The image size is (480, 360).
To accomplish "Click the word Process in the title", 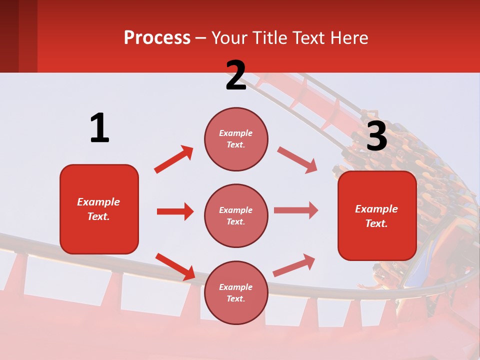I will [x=157, y=38].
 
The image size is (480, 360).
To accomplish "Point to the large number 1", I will [x=99, y=128].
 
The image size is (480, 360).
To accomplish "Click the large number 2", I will [x=236, y=75].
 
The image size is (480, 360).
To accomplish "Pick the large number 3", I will [x=376, y=136].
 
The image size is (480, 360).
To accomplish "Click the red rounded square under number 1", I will [x=99, y=209].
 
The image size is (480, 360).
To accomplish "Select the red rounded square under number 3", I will [x=377, y=215].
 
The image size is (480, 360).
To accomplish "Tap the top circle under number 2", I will [x=236, y=138].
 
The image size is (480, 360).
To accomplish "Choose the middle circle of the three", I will [x=236, y=215].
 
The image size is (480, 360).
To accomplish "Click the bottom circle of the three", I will [x=236, y=292].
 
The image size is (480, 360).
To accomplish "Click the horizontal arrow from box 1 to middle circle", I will [x=175, y=211].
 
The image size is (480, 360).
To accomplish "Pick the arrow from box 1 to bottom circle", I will [x=175, y=266].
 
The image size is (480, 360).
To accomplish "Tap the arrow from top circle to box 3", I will [x=297, y=159].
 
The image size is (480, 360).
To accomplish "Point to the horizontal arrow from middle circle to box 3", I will [x=296, y=210].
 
